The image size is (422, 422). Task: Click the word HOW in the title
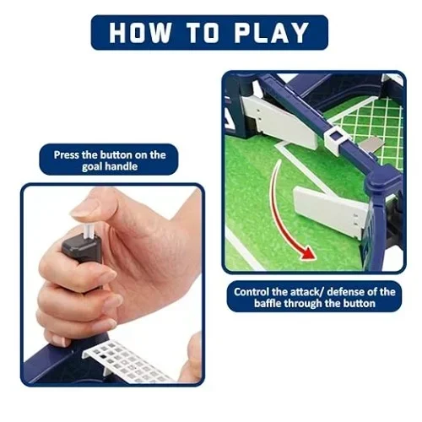[140, 33]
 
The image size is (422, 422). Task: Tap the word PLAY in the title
[272, 33]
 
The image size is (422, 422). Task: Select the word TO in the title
[203, 33]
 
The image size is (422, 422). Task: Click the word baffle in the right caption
[268, 303]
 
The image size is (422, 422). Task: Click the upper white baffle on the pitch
[281, 121]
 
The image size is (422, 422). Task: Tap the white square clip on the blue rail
[335, 138]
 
